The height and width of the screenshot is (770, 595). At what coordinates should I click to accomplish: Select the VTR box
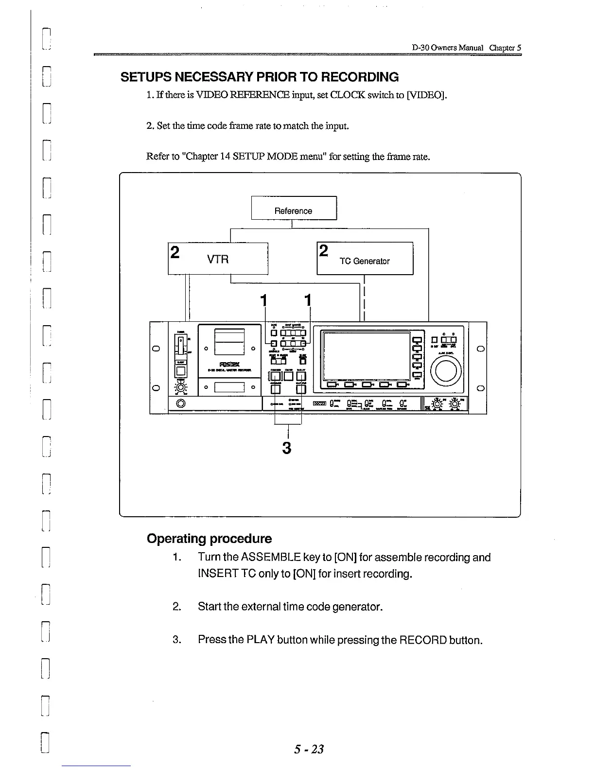point(218,259)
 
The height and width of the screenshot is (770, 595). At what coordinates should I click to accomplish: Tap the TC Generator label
point(365,261)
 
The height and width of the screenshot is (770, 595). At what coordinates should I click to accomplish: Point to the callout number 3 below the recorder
point(287,447)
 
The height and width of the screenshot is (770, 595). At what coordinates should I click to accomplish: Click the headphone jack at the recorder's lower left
point(181,403)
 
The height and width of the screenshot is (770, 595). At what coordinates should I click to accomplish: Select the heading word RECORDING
point(360,77)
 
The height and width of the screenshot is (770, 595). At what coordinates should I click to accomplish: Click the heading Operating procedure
point(209,539)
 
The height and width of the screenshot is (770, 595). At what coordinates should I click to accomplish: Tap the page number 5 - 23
point(309,749)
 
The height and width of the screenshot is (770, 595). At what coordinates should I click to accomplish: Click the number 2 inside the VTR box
point(175,252)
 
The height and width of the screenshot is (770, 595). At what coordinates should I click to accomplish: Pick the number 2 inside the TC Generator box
point(324,251)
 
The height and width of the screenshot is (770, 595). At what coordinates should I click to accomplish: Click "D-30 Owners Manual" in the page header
point(448,48)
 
